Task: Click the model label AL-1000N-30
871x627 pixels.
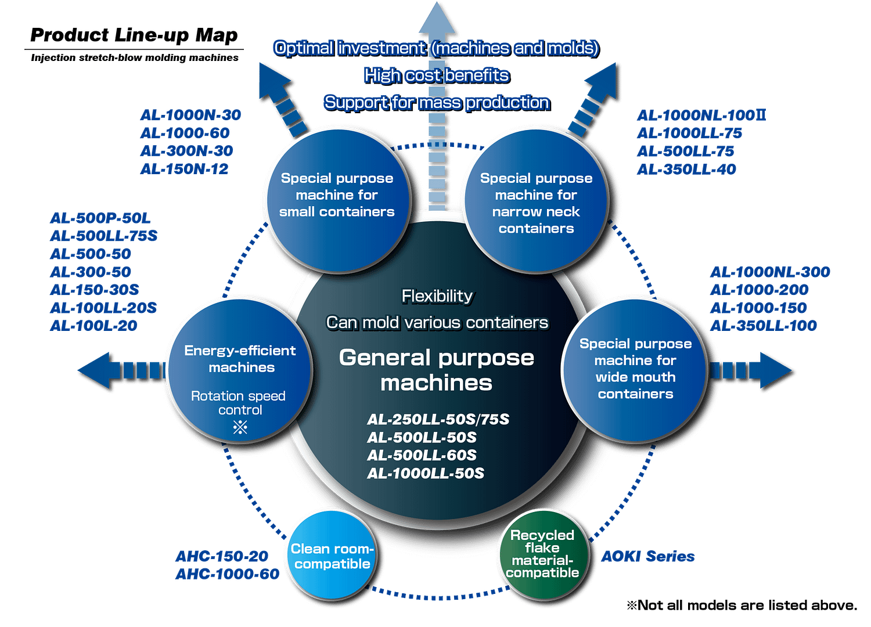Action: pyautogui.click(x=190, y=115)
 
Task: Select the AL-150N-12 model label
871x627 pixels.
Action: pyautogui.click(x=185, y=169)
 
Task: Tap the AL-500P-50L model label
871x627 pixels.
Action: pyautogui.click(x=100, y=218)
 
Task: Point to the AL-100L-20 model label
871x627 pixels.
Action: pyautogui.click(x=94, y=326)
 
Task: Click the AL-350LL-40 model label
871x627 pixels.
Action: pyautogui.click(x=686, y=170)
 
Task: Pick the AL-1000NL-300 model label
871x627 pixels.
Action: pyautogui.click(x=770, y=272)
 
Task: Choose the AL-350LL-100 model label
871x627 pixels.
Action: pyautogui.click(x=764, y=326)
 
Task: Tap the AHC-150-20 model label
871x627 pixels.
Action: pyautogui.click(x=222, y=556)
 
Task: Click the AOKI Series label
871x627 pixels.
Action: pyautogui.click(x=648, y=556)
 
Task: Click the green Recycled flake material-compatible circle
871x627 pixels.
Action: pyautogui.click(x=542, y=553)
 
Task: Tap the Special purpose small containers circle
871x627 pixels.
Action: pyautogui.click(x=337, y=200)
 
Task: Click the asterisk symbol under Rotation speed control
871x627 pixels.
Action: pyautogui.click(x=240, y=428)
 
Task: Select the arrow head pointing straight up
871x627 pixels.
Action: pyautogui.click(x=437, y=17)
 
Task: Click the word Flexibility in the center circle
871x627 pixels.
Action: pyautogui.click(x=437, y=296)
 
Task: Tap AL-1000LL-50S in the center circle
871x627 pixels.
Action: pyautogui.click(x=426, y=473)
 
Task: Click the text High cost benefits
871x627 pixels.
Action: pyautogui.click(x=436, y=75)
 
